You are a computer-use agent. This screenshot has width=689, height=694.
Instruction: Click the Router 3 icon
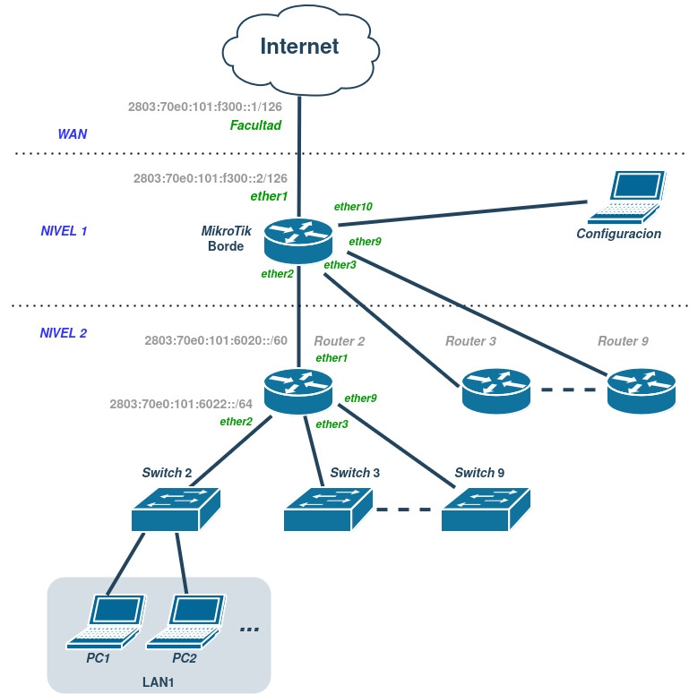[495, 390]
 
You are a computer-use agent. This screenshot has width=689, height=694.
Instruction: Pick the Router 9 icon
[640, 390]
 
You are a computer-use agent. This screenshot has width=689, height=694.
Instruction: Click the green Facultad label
[255, 125]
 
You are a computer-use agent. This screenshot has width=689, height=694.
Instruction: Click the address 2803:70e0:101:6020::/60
[215, 341]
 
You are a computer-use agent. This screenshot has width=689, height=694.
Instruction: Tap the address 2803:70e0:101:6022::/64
[181, 404]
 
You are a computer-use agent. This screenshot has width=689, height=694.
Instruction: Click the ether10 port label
[353, 206]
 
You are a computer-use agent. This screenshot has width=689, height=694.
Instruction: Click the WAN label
[73, 134]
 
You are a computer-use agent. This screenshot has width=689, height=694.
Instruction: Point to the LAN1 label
[158, 681]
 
